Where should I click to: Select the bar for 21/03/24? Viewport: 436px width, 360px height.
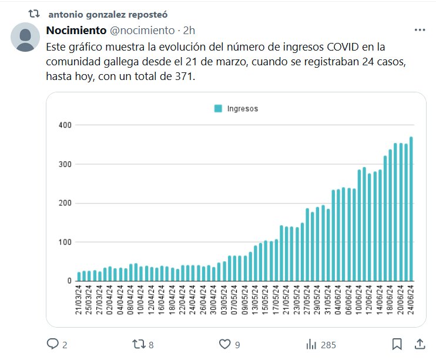pos(79,276)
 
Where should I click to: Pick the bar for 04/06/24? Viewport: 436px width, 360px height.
pos(338,235)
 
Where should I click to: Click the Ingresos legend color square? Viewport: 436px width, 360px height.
pos(218,108)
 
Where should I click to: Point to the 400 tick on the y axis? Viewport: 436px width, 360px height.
pos(65,125)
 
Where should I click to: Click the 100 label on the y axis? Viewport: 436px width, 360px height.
pos(65,242)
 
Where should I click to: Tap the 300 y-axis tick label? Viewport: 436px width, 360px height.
pos(65,164)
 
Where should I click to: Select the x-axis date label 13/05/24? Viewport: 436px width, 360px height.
pos(256,302)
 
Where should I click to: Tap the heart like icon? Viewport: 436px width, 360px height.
pos(223,344)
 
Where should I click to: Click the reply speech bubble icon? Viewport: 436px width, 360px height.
pos(53,344)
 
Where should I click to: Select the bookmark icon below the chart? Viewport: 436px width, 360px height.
pos(397,344)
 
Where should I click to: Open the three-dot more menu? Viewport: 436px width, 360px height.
pos(420,30)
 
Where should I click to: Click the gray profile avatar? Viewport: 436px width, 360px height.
pos(26,38)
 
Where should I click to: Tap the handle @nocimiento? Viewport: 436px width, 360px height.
pos(143,30)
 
